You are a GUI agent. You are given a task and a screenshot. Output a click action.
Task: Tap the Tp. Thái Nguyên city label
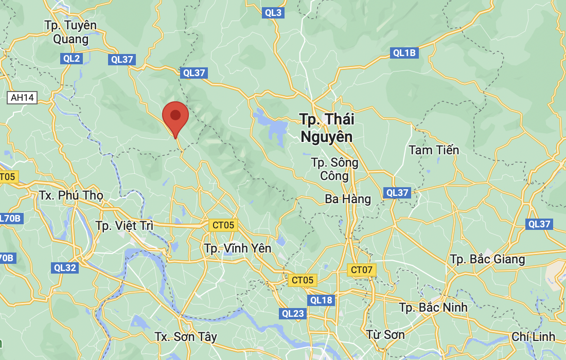coord(327,128)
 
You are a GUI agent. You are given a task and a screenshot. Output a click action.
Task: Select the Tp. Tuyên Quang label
coord(70,32)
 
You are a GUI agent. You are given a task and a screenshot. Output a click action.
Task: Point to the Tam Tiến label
coord(434,150)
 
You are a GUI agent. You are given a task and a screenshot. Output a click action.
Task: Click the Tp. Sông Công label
coord(334,169)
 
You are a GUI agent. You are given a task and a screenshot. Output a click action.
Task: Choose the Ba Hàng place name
coord(348,199)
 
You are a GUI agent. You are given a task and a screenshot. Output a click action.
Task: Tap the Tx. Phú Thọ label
coord(71,195)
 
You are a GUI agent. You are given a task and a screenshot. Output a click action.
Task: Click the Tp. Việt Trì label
coord(125,225)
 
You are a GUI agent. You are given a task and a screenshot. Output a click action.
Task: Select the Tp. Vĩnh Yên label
coord(237,248)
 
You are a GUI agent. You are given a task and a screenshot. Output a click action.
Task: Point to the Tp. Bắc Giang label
coord(487,259)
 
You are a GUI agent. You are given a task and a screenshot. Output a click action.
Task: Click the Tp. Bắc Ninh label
coord(433,308)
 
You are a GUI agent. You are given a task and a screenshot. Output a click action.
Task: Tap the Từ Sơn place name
coord(386,335)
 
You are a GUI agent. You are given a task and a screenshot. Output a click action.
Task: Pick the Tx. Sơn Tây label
coord(186,337)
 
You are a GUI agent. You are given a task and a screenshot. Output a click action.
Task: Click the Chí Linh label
coord(534,337)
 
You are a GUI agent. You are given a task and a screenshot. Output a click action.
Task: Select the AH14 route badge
coord(22,98)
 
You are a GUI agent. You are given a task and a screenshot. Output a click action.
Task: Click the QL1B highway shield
coord(404,52)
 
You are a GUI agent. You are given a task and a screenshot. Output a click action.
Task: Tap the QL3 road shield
coord(273,13)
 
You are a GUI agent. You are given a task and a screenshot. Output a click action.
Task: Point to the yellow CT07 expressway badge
coord(362,269)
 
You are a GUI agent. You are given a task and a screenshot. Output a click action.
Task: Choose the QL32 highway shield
coord(65,267)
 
